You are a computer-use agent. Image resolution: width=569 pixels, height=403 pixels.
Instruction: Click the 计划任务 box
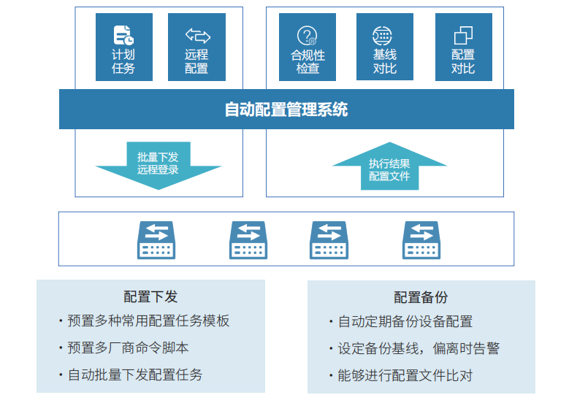[x=123, y=47]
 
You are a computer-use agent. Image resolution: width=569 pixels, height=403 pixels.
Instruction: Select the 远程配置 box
[x=196, y=47]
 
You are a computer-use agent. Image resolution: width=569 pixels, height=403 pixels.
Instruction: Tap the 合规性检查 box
[x=308, y=47]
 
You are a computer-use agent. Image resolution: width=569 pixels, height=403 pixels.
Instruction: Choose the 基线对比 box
[x=385, y=47]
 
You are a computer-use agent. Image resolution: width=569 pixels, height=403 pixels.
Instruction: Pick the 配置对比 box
[x=463, y=47]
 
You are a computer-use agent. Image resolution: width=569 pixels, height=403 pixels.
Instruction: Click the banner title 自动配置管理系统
[x=286, y=110]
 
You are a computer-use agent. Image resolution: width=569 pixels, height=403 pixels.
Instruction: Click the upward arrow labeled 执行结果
[x=389, y=168]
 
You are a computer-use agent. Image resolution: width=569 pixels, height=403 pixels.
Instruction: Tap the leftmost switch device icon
[x=156, y=239]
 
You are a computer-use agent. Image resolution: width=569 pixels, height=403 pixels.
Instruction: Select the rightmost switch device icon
[x=421, y=239]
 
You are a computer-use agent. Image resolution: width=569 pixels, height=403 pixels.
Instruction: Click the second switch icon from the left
[x=248, y=239]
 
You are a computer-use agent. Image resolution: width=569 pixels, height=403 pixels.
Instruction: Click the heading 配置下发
[x=150, y=296]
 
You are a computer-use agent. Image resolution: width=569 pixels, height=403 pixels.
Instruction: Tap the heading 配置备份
[x=421, y=297]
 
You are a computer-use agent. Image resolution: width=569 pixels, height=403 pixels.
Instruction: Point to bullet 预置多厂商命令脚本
[x=128, y=348]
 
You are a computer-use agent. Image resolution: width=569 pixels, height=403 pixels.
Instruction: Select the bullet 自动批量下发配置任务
[x=135, y=375]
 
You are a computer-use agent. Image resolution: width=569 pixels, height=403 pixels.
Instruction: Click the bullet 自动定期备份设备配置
[x=405, y=321]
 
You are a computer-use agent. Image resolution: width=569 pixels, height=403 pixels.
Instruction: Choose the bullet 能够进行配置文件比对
[x=405, y=375]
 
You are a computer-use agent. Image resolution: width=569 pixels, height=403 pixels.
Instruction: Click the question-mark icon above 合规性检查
[x=308, y=35]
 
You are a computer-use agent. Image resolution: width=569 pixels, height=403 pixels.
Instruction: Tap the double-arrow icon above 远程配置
[x=196, y=34]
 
